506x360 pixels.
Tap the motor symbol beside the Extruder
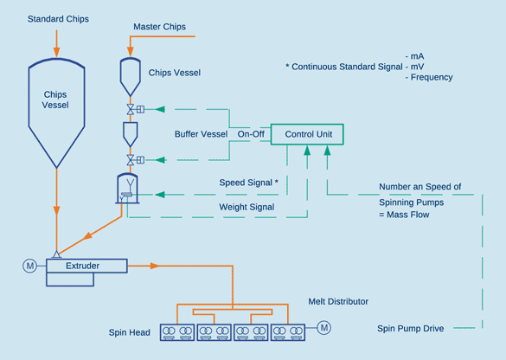[x=29, y=266]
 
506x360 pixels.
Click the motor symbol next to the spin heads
[x=324, y=328]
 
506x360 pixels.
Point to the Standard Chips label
[x=58, y=19]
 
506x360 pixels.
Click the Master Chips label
[x=159, y=27]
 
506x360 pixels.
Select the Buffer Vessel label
[x=201, y=134]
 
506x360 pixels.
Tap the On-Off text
[x=251, y=134]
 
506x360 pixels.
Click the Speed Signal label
[x=248, y=183]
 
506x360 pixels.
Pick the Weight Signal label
[x=247, y=207]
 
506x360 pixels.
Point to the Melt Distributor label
[x=338, y=301]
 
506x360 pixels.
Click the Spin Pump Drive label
[x=411, y=328]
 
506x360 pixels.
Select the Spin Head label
[x=130, y=332]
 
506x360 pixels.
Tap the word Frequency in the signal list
[x=432, y=78]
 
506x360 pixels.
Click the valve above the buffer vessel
[x=131, y=109]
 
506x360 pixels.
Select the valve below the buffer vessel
[x=131, y=160]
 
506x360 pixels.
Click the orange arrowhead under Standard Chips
[x=57, y=52]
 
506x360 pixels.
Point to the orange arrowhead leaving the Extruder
[x=155, y=266]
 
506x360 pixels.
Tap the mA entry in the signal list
[x=414, y=56]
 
